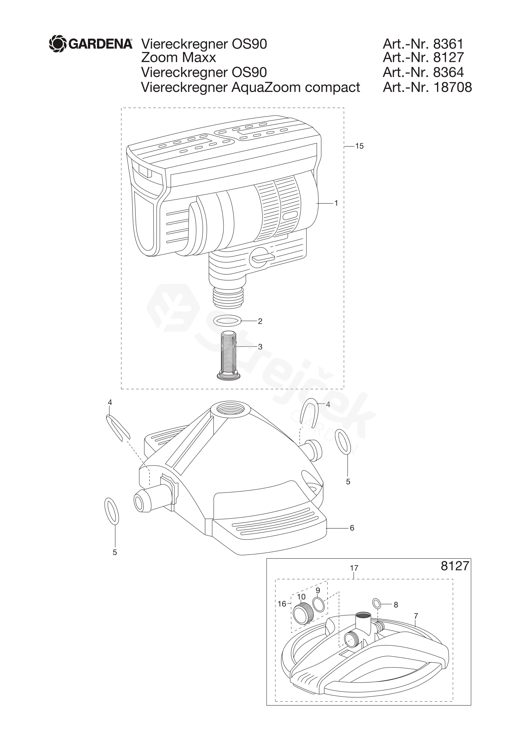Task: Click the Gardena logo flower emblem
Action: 58,43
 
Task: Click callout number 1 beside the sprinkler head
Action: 336,203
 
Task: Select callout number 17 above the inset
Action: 354,568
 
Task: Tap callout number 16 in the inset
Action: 282,604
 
